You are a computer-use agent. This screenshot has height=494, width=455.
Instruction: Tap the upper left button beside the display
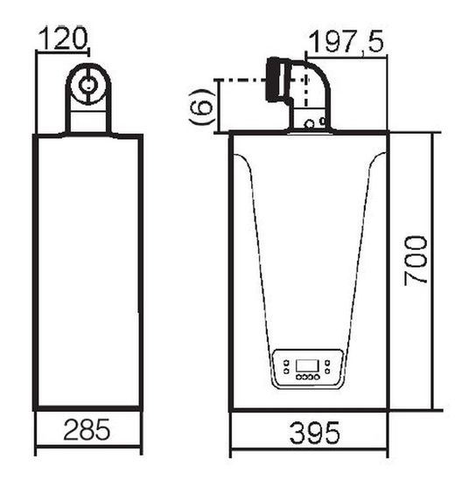coord(283,362)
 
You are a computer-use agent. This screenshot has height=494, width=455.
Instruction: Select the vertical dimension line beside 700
coord(435,271)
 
